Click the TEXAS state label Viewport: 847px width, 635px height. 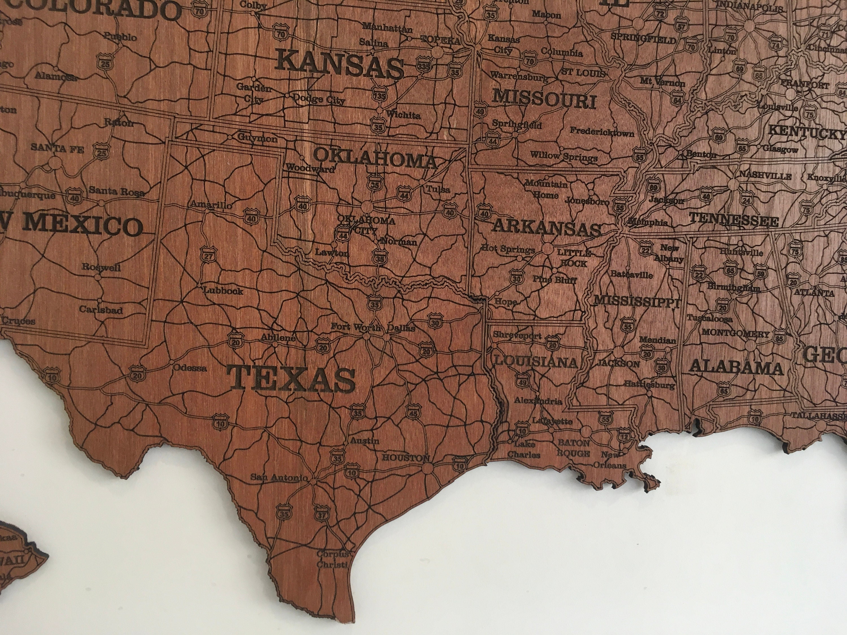tap(291, 378)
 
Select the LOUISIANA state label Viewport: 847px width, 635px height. tap(536, 362)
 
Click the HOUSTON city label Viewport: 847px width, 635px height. tap(406, 458)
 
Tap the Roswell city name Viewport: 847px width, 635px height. tap(101, 267)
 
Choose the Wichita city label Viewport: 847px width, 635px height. tap(403, 115)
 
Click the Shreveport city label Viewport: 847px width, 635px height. tap(517, 335)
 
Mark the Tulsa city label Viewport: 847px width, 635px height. tap(438, 189)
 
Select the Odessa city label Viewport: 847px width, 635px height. tap(190, 368)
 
